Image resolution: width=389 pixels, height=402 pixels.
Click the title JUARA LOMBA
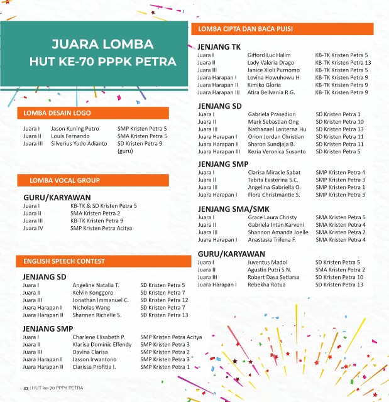point(102,45)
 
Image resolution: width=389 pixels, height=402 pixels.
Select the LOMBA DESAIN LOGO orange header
point(57,113)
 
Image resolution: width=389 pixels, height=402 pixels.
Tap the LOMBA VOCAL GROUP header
point(62,181)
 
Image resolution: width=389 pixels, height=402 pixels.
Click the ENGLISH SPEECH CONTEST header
point(64,261)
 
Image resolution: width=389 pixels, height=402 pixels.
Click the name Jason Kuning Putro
point(75,129)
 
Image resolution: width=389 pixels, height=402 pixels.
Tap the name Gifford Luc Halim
point(269,55)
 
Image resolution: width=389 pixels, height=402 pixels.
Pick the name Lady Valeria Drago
point(271,63)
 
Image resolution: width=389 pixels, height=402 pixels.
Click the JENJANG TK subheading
point(219,46)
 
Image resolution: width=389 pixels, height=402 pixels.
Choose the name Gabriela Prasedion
point(271,114)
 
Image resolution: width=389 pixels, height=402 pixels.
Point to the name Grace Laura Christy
point(272,217)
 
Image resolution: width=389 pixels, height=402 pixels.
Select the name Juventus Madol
point(268,262)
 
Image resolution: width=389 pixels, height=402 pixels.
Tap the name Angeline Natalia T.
point(96,285)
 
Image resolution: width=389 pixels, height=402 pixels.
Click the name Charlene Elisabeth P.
point(99,337)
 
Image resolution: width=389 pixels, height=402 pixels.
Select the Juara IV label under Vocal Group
point(33,229)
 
